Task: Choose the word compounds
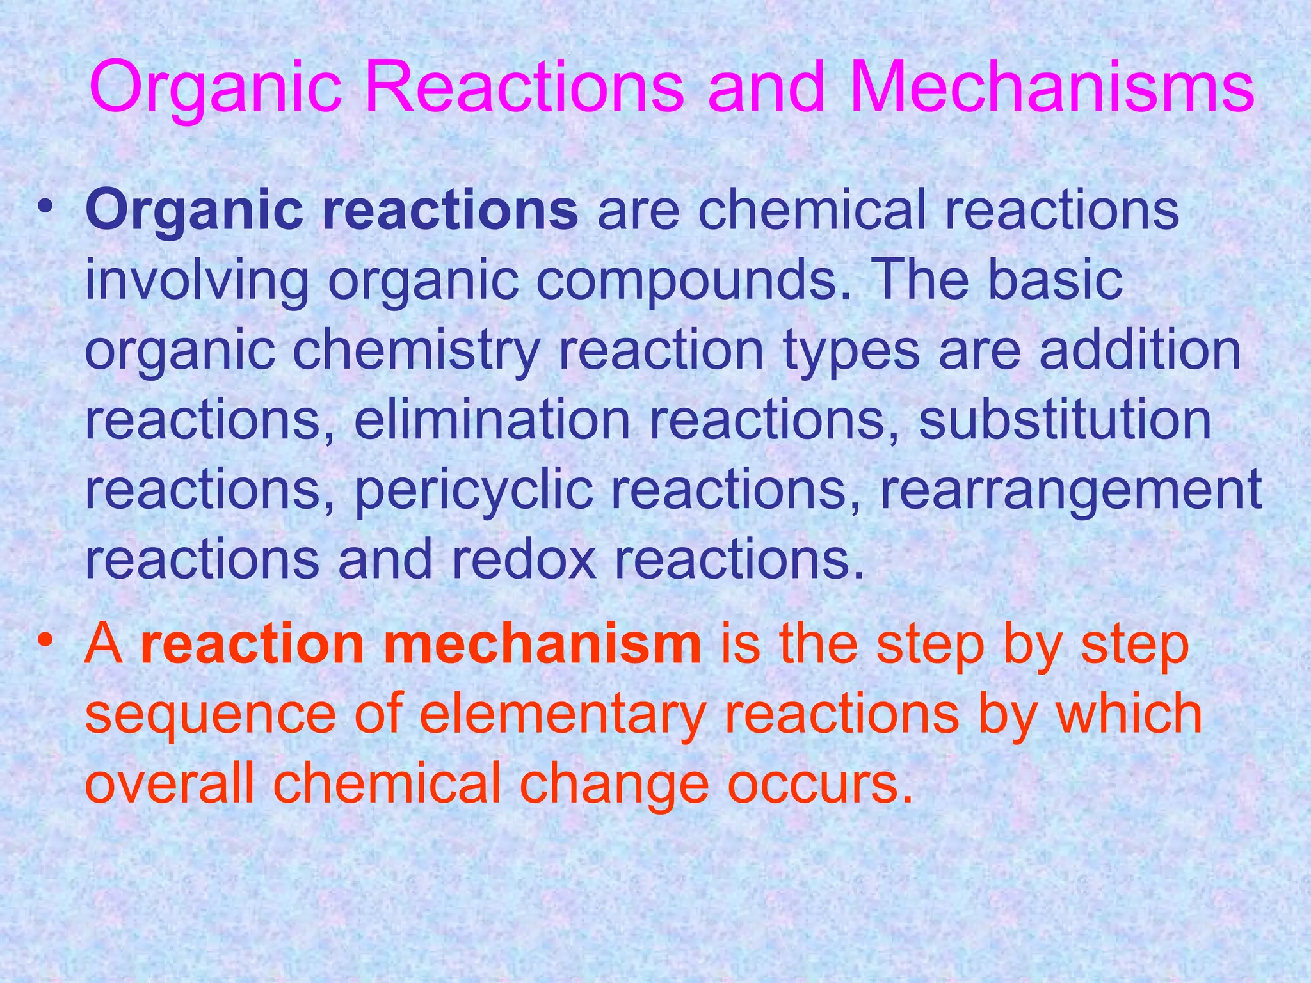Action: coord(686,282)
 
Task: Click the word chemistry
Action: coord(416,352)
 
